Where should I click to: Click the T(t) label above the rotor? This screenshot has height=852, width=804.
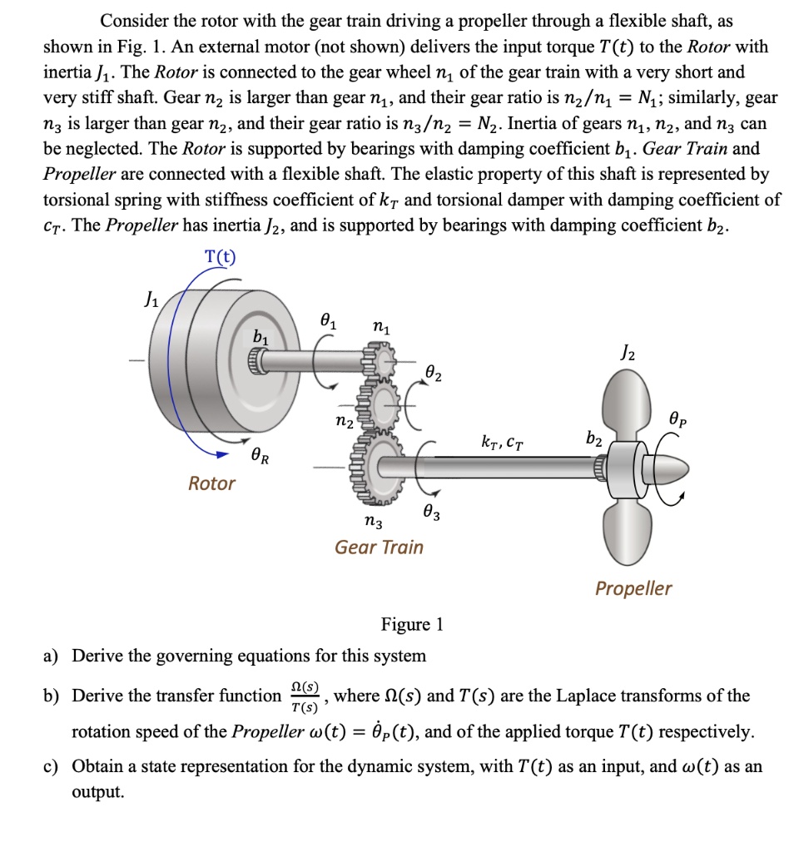[220, 256]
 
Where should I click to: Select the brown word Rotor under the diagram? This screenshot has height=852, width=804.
[211, 483]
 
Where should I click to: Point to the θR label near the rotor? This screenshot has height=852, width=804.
[261, 456]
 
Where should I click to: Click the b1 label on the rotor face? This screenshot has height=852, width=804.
[261, 337]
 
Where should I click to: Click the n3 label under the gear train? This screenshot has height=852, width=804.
[374, 523]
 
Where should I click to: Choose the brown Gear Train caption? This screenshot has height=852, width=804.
[379, 547]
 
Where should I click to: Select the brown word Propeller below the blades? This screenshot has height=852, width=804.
[633, 589]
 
